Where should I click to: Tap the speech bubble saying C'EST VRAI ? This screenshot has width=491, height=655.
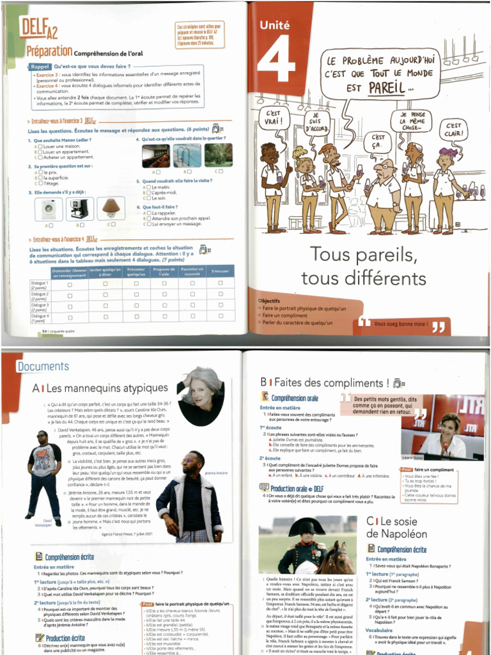coord(274,118)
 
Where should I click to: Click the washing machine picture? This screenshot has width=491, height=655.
coord(49,209)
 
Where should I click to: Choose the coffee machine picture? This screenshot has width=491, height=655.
coord(80,209)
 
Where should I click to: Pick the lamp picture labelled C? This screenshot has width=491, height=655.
coord(112,209)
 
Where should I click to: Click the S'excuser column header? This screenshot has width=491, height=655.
coord(219,272)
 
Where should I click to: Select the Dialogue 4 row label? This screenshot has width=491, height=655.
coord(40,318)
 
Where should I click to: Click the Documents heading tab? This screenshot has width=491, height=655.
coord(43,367)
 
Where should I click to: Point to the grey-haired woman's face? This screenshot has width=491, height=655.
coord(202,392)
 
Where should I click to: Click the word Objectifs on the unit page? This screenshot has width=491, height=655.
coord(269,301)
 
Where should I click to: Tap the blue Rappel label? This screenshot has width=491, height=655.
coord(40,67)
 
